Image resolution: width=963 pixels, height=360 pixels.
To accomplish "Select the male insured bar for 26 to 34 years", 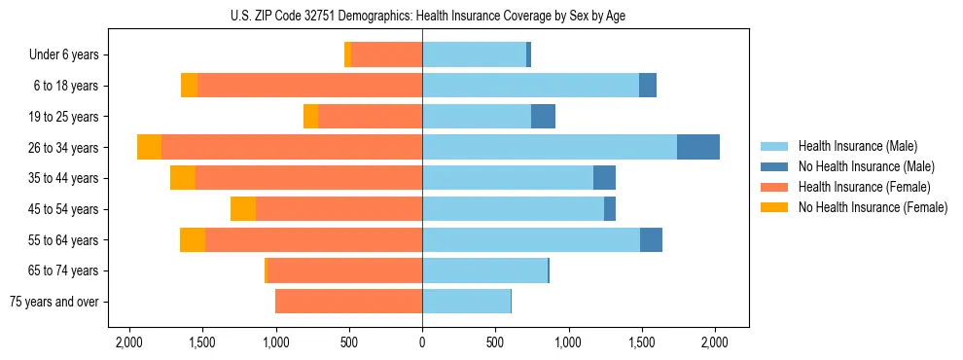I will (x=550, y=147).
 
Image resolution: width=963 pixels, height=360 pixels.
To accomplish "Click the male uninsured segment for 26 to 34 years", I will (x=698, y=147).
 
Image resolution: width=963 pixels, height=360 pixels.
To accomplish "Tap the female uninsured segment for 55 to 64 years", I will (x=193, y=240).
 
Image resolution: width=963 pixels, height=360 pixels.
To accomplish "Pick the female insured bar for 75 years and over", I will (x=348, y=302).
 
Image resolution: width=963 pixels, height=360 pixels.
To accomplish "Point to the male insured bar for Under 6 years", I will (x=474, y=54).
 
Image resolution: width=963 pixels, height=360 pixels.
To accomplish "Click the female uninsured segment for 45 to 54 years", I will (x=243, y=209).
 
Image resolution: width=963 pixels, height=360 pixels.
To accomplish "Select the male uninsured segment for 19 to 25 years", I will (x=543, y=117).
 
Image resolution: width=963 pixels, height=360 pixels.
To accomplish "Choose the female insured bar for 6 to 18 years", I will (x=309, y=86).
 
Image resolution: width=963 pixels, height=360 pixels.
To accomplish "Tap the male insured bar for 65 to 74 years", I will (x=484, y=270).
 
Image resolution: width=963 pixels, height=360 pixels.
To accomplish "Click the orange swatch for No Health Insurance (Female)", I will (x=774, y=207).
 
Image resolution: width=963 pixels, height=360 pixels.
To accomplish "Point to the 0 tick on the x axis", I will (x=422, y=342).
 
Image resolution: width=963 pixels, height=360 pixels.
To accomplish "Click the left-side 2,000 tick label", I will (x=129, y=342).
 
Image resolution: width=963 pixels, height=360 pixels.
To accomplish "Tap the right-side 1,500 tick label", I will (x=641, y=342).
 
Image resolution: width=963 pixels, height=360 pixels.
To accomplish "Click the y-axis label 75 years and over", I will (x=53, y=302).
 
